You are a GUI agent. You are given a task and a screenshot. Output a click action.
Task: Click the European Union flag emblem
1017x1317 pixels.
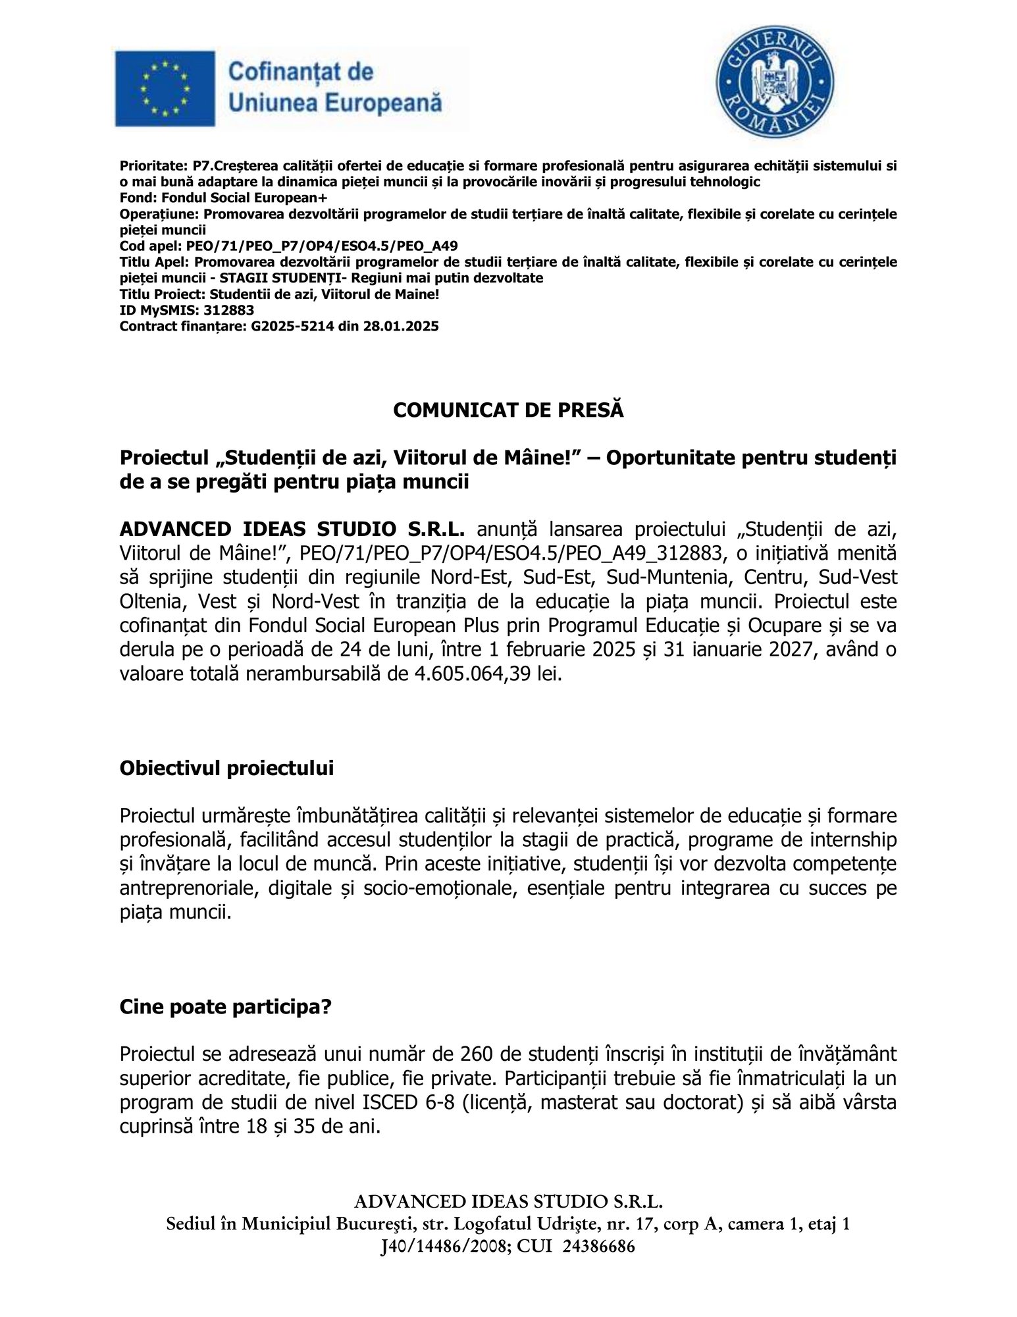165,88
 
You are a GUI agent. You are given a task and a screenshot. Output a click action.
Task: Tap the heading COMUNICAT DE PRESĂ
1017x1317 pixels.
508,410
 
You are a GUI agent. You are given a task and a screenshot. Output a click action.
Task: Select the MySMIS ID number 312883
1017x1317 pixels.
229,310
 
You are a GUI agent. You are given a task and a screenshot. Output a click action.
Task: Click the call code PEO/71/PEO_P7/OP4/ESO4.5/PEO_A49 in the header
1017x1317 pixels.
322,246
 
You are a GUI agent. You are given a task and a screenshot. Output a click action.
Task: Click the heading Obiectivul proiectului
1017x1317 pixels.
226,768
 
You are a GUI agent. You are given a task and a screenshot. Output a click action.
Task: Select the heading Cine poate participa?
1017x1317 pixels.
225,1007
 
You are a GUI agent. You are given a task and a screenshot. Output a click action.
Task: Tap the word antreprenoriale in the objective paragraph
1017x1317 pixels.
184,888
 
